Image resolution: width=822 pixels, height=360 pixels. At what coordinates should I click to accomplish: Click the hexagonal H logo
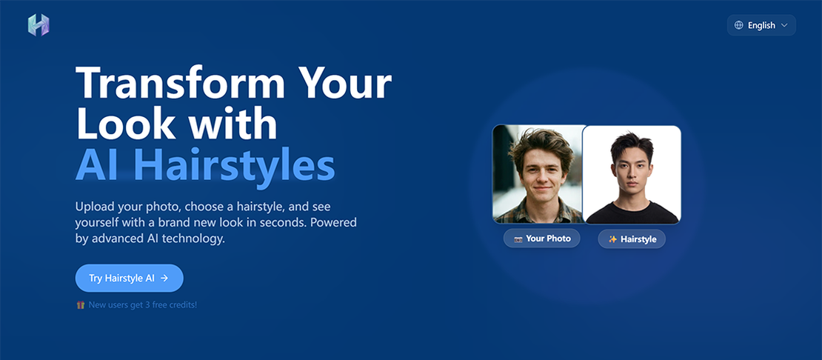[x=39, y=25]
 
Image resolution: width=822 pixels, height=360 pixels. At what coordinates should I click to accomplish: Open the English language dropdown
[x=761, y=25]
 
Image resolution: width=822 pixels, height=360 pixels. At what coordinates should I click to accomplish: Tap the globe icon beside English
[x=738, y=25]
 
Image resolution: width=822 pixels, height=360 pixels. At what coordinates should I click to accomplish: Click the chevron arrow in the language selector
[x=784, y=25]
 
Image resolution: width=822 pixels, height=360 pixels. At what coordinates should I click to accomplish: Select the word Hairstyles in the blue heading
[x=234, y=166]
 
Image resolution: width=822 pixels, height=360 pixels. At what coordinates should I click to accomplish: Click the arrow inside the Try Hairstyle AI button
[x=164, y=279]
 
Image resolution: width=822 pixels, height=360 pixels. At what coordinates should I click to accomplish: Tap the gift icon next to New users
[x=80, y=305]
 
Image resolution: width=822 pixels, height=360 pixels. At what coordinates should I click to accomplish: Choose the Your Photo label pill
[x=541, y=239]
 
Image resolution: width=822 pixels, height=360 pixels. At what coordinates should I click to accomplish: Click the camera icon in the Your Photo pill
[x=518, y=239]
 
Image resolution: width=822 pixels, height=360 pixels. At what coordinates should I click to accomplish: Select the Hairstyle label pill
[x=632, y=239]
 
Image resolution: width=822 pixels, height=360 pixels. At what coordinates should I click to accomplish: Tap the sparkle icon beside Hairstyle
[x=612, y=239]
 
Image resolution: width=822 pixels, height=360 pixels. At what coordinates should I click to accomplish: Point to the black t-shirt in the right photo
[x=632, y=213]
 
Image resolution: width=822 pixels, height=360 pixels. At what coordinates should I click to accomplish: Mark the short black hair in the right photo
[x=632, y=145]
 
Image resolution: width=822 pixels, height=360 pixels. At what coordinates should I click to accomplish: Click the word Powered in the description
[x=333, y=222]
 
